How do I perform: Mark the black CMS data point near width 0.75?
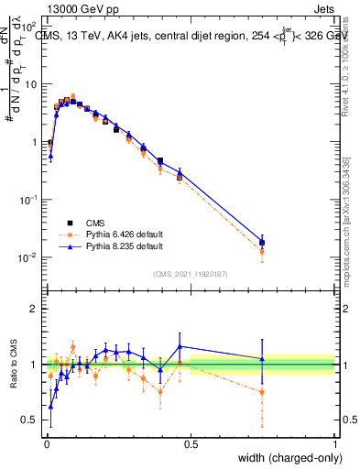coord(262,243)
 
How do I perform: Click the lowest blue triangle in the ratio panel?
coord(50,406)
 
